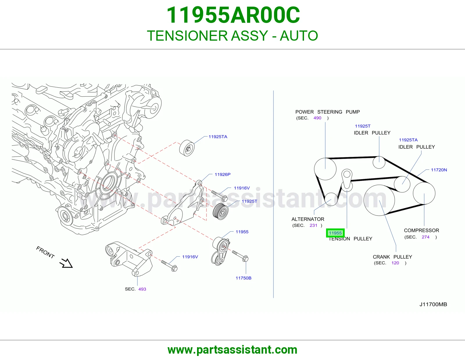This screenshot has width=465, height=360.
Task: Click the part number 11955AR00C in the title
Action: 233,15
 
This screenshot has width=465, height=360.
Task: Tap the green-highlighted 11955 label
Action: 335,233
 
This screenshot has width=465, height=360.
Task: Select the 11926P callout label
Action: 223,174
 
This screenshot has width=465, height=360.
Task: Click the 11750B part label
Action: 244,278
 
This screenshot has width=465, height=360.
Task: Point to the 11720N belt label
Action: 439,170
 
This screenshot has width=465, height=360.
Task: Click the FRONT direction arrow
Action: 66,263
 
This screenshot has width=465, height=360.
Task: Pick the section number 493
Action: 142,289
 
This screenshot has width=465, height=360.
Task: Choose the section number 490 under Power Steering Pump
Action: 317,118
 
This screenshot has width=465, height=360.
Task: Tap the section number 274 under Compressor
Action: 426,237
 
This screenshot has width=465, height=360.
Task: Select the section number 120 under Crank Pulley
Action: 395,263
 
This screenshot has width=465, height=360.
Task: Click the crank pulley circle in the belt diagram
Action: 379,200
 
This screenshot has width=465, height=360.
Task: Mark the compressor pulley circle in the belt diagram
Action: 424,193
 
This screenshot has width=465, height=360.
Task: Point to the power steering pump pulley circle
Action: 325,169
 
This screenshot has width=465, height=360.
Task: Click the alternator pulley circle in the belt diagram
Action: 331,199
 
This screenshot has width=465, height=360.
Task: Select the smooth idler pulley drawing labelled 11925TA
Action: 187,148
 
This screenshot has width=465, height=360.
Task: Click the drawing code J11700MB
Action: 433,305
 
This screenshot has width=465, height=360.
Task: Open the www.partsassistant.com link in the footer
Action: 233,350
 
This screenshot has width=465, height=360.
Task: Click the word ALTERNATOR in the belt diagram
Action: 308,219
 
